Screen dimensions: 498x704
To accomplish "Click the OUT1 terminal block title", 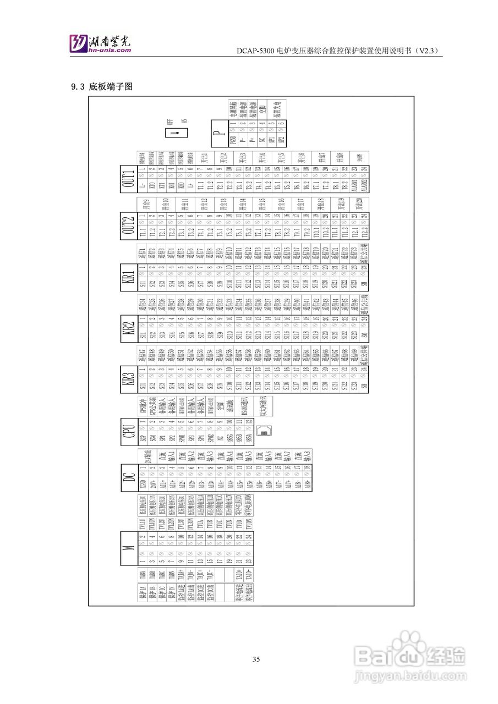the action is (x=129, y=179).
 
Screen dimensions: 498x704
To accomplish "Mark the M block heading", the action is (x=129, y=547).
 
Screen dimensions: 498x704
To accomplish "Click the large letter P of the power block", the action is (x=219, y=133).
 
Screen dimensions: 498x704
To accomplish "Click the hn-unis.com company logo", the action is (x=100, y=43).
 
